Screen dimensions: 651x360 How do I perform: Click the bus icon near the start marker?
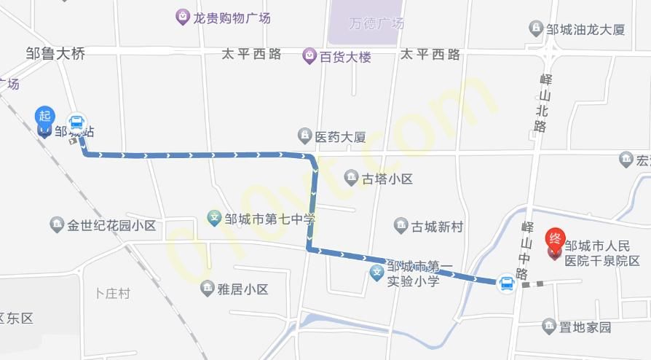click(76, 122)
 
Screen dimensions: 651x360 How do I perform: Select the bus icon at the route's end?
click(506, 283)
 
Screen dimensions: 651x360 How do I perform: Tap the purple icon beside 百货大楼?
click(309, 55)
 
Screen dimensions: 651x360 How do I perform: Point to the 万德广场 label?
click(376, 23)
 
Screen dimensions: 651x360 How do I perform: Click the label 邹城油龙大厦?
click(585, 30)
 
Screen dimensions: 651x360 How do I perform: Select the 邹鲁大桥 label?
click(55, 53)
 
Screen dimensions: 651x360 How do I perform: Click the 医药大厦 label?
click(340, 136)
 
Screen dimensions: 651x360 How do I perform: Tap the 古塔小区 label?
click(388, 179)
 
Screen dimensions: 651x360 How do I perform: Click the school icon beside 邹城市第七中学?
click(215, 217)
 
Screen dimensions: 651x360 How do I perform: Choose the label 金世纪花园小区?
click(111, 225)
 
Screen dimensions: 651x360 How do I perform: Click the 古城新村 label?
click(437, 227)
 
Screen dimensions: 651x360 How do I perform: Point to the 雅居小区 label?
click(243, 289)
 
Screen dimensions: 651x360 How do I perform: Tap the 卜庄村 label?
click(112, 294)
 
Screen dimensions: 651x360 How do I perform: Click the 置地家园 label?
click(585, 326)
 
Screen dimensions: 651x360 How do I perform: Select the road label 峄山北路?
click(540, 101)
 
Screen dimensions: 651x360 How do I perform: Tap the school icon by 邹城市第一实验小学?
click(376, 275)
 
